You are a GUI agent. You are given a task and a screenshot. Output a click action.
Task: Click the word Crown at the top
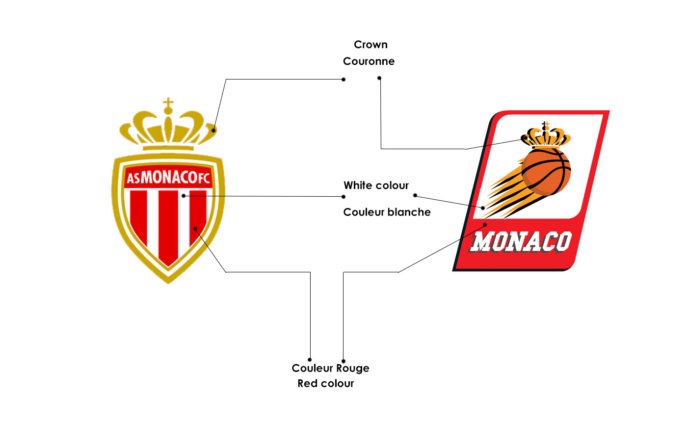370,45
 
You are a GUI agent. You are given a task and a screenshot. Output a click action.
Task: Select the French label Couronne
369,61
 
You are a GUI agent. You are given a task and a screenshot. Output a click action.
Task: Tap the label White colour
376,185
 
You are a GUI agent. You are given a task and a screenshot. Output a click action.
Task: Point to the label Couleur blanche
387,212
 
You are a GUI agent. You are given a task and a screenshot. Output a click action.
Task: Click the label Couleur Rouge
330,368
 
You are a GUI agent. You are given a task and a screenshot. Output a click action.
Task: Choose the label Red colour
325,383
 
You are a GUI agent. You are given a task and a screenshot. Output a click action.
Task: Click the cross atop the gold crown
168,103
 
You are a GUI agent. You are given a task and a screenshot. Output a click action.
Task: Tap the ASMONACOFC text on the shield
168,178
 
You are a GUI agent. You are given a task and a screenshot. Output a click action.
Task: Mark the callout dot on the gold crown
213,130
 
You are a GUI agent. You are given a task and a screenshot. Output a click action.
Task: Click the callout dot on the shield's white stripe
183,196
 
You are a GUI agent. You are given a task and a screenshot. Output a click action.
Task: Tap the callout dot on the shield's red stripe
195,228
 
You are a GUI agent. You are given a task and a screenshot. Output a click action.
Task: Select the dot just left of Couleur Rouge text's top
310,360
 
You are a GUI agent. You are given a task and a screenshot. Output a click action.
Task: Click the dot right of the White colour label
415,195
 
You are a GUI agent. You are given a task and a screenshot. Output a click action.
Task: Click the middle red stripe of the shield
168,226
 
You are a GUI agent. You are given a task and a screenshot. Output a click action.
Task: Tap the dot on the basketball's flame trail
483,208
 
